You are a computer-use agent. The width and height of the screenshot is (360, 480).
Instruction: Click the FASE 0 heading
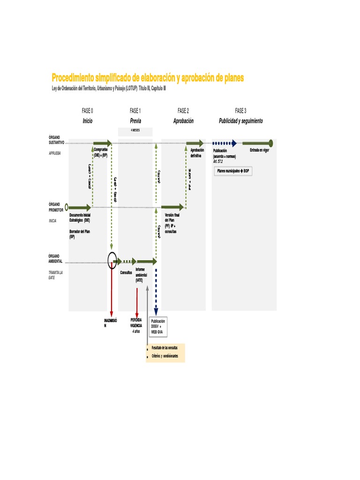(87, 111)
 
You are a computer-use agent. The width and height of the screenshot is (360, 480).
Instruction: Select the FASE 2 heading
(183, 111)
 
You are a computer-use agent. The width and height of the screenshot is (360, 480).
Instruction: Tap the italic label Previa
(135, 121)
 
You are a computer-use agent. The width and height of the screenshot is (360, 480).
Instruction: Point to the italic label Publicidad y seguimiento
(241, 121)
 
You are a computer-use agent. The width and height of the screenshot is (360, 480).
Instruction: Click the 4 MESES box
(135, 131)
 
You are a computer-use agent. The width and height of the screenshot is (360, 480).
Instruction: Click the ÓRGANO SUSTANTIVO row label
(56, 139)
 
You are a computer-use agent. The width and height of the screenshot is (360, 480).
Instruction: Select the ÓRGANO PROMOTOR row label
(56, 207)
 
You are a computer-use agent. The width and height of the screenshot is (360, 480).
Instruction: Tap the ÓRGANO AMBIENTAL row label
(55, 258)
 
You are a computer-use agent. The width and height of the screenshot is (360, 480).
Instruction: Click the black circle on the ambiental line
(112, 261)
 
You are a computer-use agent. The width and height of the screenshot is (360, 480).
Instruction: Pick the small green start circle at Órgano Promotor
(67, 207)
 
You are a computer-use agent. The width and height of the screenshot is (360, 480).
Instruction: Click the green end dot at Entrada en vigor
(271, 143)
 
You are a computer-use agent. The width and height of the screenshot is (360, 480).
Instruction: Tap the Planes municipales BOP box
(233, 171)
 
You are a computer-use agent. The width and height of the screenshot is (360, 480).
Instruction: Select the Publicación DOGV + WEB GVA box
(158, 327)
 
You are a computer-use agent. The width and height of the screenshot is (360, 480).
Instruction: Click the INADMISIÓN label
(111, 322)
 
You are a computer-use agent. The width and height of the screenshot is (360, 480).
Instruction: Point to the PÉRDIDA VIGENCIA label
(136, 322)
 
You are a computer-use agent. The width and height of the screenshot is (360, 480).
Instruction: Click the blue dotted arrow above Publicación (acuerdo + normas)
(224, 143)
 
